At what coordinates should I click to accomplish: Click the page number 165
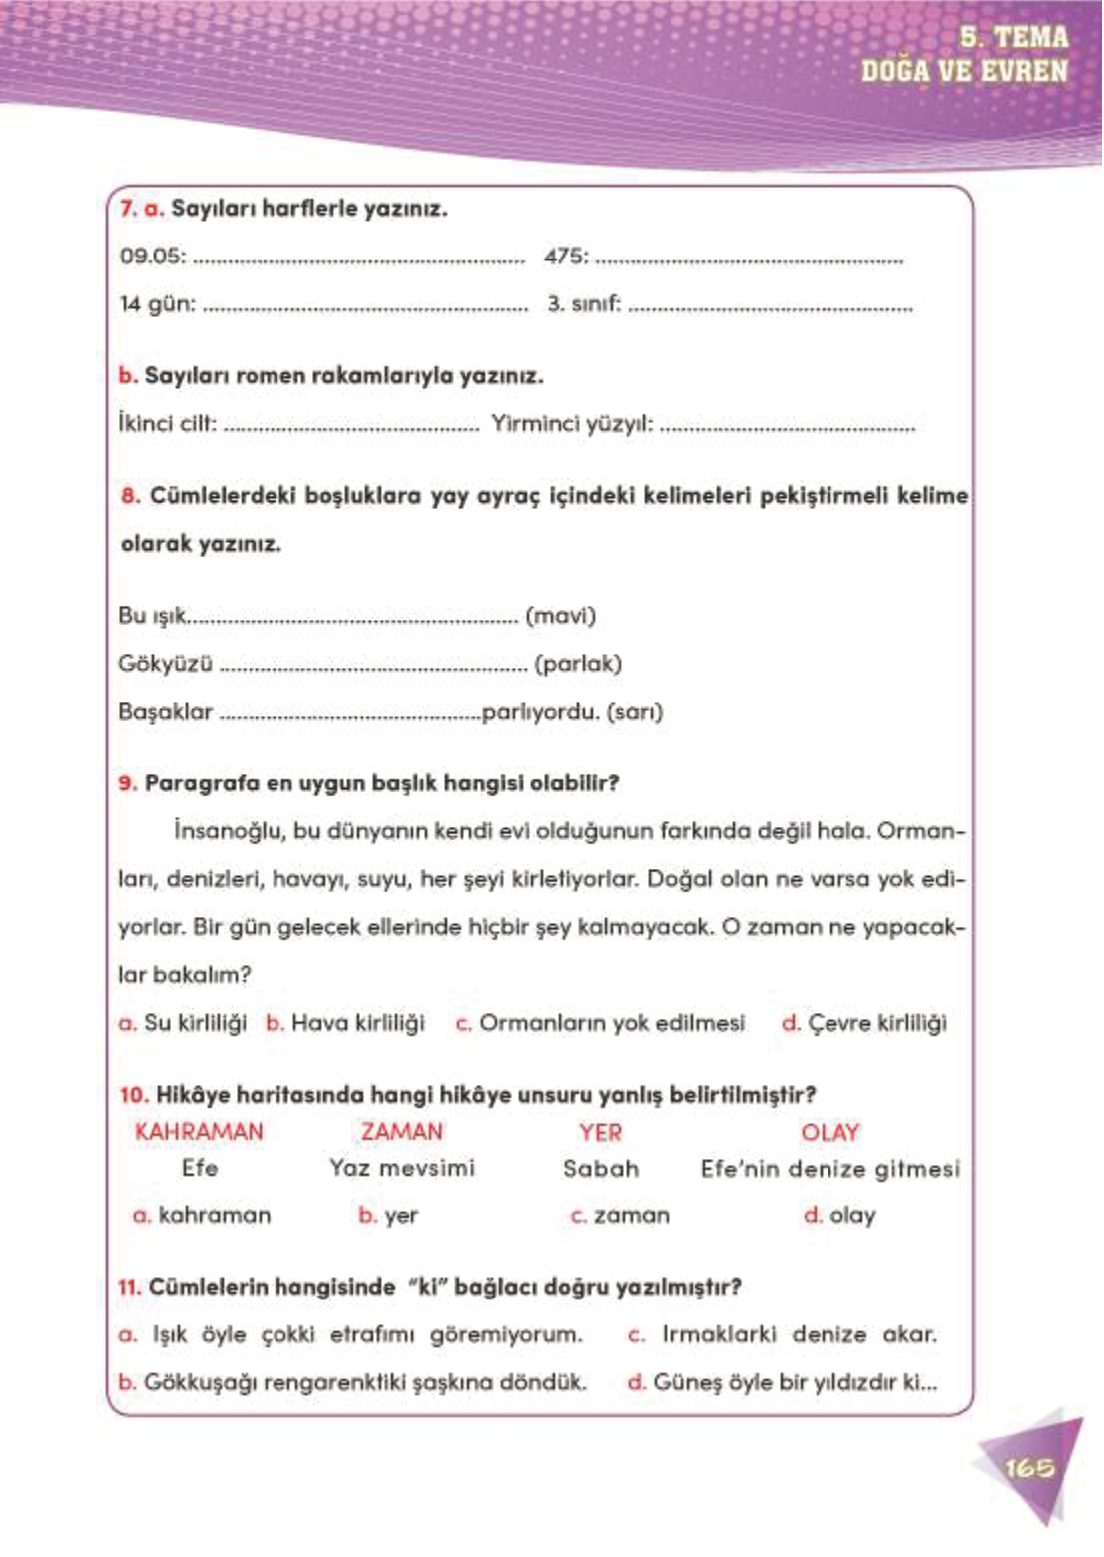click(x=1028, y=1468)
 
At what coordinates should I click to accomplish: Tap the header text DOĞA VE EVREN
click(x=964, y=71)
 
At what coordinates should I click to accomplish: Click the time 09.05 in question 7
click(x=152, y=257)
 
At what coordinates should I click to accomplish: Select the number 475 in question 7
click(x=565, y=257)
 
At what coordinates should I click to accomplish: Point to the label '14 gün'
click(x=157, y=304)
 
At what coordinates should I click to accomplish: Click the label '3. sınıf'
click(x=583, y=304)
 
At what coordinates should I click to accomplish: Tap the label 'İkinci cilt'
click(x=167, y=424)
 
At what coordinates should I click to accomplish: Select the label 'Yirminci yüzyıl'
click(x=572, y=424)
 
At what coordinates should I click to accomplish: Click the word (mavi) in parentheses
click(x=560, y=616)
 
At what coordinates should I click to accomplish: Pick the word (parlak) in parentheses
click(x=578, y=664)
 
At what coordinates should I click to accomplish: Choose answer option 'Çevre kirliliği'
click(x=876, y=1023)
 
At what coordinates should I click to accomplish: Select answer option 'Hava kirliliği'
click(x=357, y=1023)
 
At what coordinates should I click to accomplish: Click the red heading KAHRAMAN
click(x=199, y=1132)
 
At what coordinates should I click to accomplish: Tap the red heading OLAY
click(x=829, y=1132)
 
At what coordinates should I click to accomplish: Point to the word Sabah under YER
click(x=601, y=1169)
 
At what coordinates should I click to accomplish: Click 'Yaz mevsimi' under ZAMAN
click(x=402, y=1169)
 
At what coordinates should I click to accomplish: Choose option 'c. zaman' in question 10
click(x=621, y=1216)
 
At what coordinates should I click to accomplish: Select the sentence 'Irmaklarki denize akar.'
click(x=799, y=1335)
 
